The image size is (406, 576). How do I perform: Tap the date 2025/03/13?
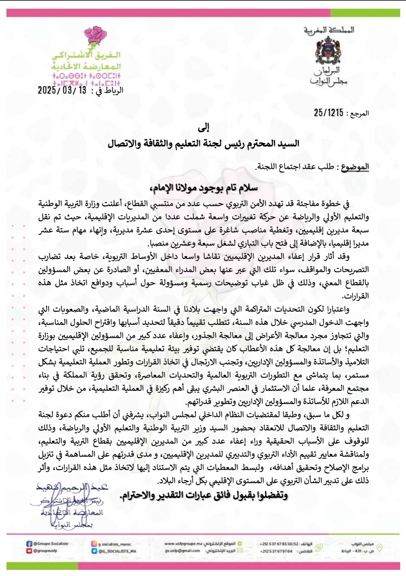(62, 90)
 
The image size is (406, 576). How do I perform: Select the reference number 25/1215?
(328, 113)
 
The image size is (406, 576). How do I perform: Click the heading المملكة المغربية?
(329, 30)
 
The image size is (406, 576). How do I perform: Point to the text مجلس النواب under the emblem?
(329, 82)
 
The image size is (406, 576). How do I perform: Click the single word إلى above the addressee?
(204, 127)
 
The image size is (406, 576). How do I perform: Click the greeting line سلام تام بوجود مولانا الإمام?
(203, 188)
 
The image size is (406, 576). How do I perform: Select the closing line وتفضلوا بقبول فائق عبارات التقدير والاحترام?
(203, 495)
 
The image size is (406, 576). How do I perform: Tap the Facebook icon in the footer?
(29, 544)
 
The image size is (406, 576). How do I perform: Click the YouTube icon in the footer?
(29, 551)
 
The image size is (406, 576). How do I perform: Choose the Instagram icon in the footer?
(94, 544)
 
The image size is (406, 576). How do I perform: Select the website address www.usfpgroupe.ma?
(184, 544)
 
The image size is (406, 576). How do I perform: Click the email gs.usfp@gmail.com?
(183, 551)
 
